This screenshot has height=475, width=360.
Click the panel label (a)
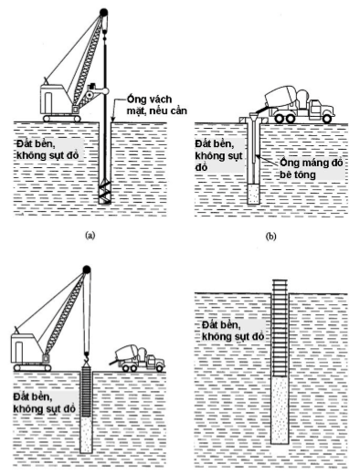(x=90, y=235)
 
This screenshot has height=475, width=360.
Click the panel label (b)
(x=270, y=237)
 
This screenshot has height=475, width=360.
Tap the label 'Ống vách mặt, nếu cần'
(x=157, y=105)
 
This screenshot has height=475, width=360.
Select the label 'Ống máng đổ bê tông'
(x=312, y=168)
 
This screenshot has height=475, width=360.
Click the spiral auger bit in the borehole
(x=105, y=194)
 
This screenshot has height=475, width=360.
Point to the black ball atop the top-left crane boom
(x=104, y=13)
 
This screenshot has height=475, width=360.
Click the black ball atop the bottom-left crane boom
(x=87, y=269)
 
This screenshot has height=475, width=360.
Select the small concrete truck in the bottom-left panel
(x=138, y=358)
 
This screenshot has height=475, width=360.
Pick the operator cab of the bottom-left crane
(x=26, y=348)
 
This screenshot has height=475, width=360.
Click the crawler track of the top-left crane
(x=62, y=118)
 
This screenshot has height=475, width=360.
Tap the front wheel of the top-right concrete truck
(x=327, y=118)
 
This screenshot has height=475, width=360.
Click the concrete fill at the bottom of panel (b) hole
(x=253, y=195)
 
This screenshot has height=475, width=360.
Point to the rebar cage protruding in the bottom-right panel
(x=281, y=327)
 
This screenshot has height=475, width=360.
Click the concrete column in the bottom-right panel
(x=280, y=409)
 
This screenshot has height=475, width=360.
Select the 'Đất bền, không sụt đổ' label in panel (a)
(x=48, y=149)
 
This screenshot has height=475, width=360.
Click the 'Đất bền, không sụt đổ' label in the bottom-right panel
(x=233, y=331)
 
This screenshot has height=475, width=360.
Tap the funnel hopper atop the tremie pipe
(x=254, y=115)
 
